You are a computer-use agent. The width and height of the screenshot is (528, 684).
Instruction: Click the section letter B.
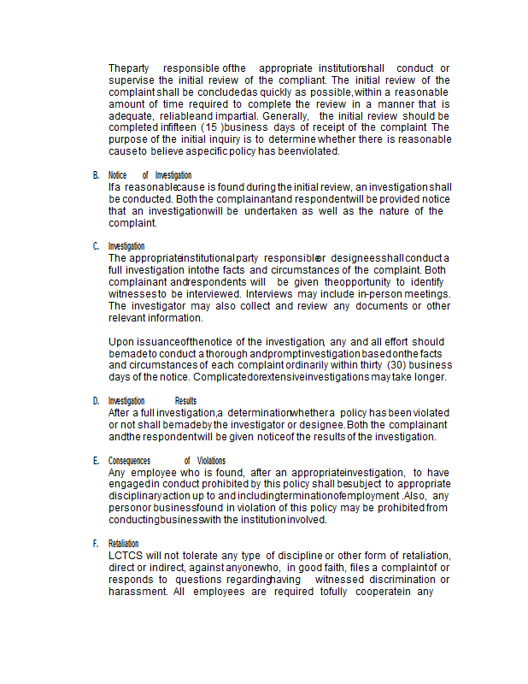pos(96,175)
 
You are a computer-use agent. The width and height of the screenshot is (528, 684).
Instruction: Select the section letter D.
pos(96,400)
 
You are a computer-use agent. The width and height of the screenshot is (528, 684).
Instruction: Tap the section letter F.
pos(96,544)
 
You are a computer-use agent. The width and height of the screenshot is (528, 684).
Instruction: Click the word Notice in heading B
pos(117,175)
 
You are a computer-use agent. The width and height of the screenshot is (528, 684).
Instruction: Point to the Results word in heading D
pos(185,400)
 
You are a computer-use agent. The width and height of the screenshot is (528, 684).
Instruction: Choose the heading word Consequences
pos(129,460)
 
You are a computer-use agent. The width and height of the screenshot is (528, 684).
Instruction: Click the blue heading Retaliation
pos(123,544)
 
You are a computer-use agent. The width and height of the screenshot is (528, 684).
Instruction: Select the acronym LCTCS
pos(126,556)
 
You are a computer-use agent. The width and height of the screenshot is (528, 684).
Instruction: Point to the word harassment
pos(138,592)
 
